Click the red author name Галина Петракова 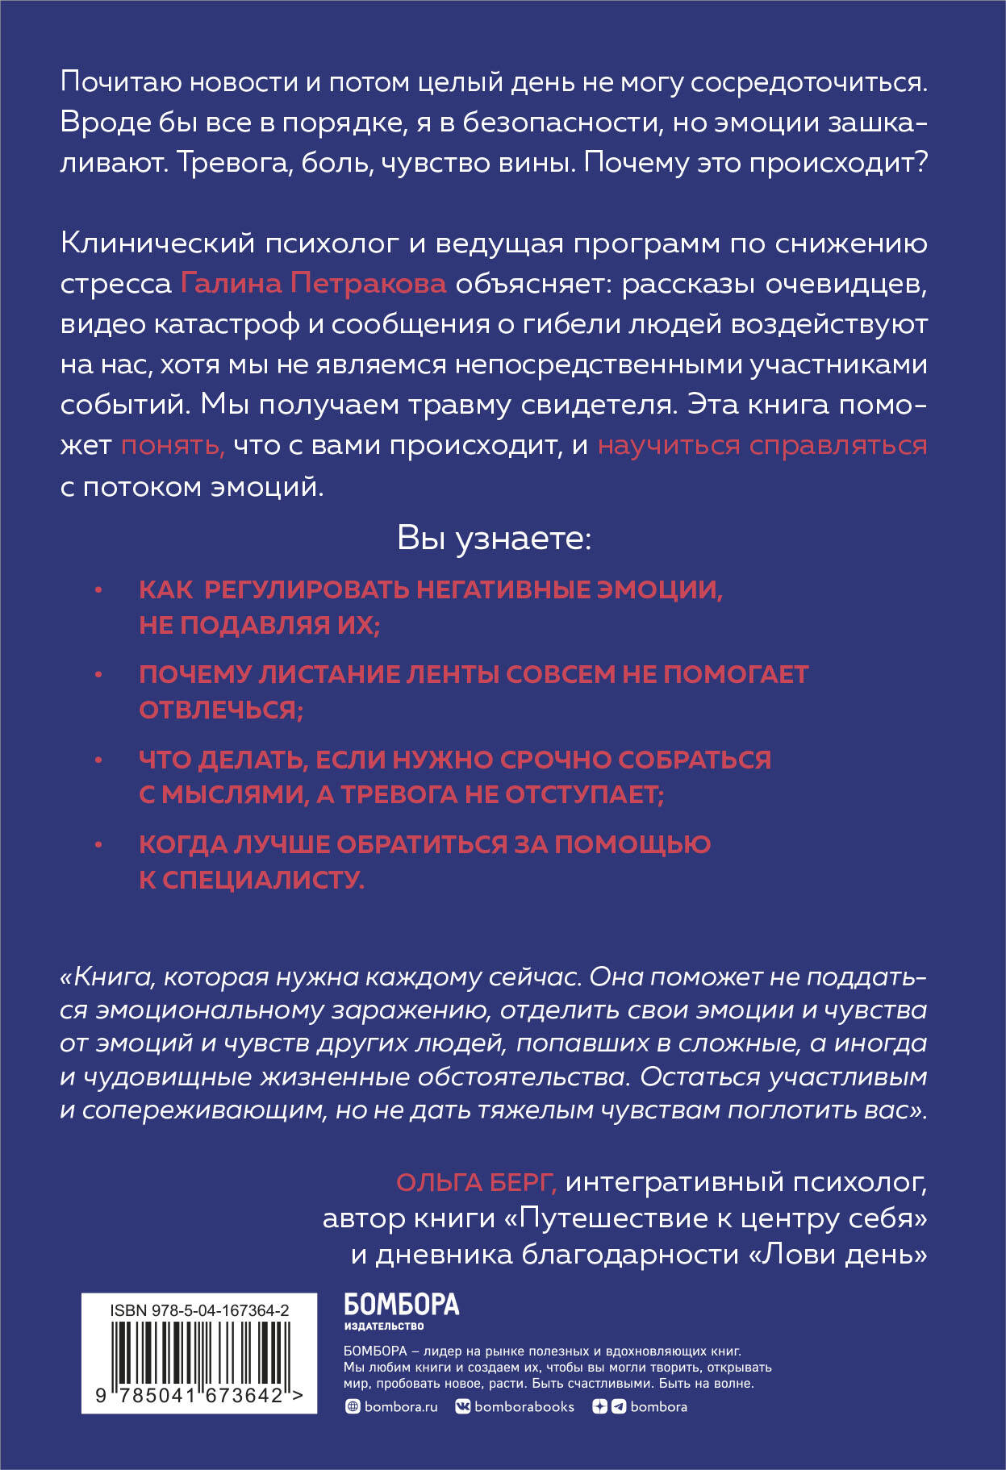click(313, 283)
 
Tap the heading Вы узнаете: click(494, 539)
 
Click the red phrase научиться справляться click(762, 445)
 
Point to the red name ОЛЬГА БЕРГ click(476, 1182)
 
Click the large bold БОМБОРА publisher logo click(401, 1304)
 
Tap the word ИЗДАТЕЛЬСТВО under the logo click(383, 1326)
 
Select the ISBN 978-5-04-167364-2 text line click(199, 1311)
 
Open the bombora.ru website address click(400, 1406)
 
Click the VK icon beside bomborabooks click(463, 1406)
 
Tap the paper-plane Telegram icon click(619, 1406)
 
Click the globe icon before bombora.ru click(352, 1406)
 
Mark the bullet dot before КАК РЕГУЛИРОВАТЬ click(98, 590)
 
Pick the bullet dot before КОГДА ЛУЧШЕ click(98, 845)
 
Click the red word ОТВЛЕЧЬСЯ click(220, 710)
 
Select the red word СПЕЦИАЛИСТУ click(263, 880)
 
